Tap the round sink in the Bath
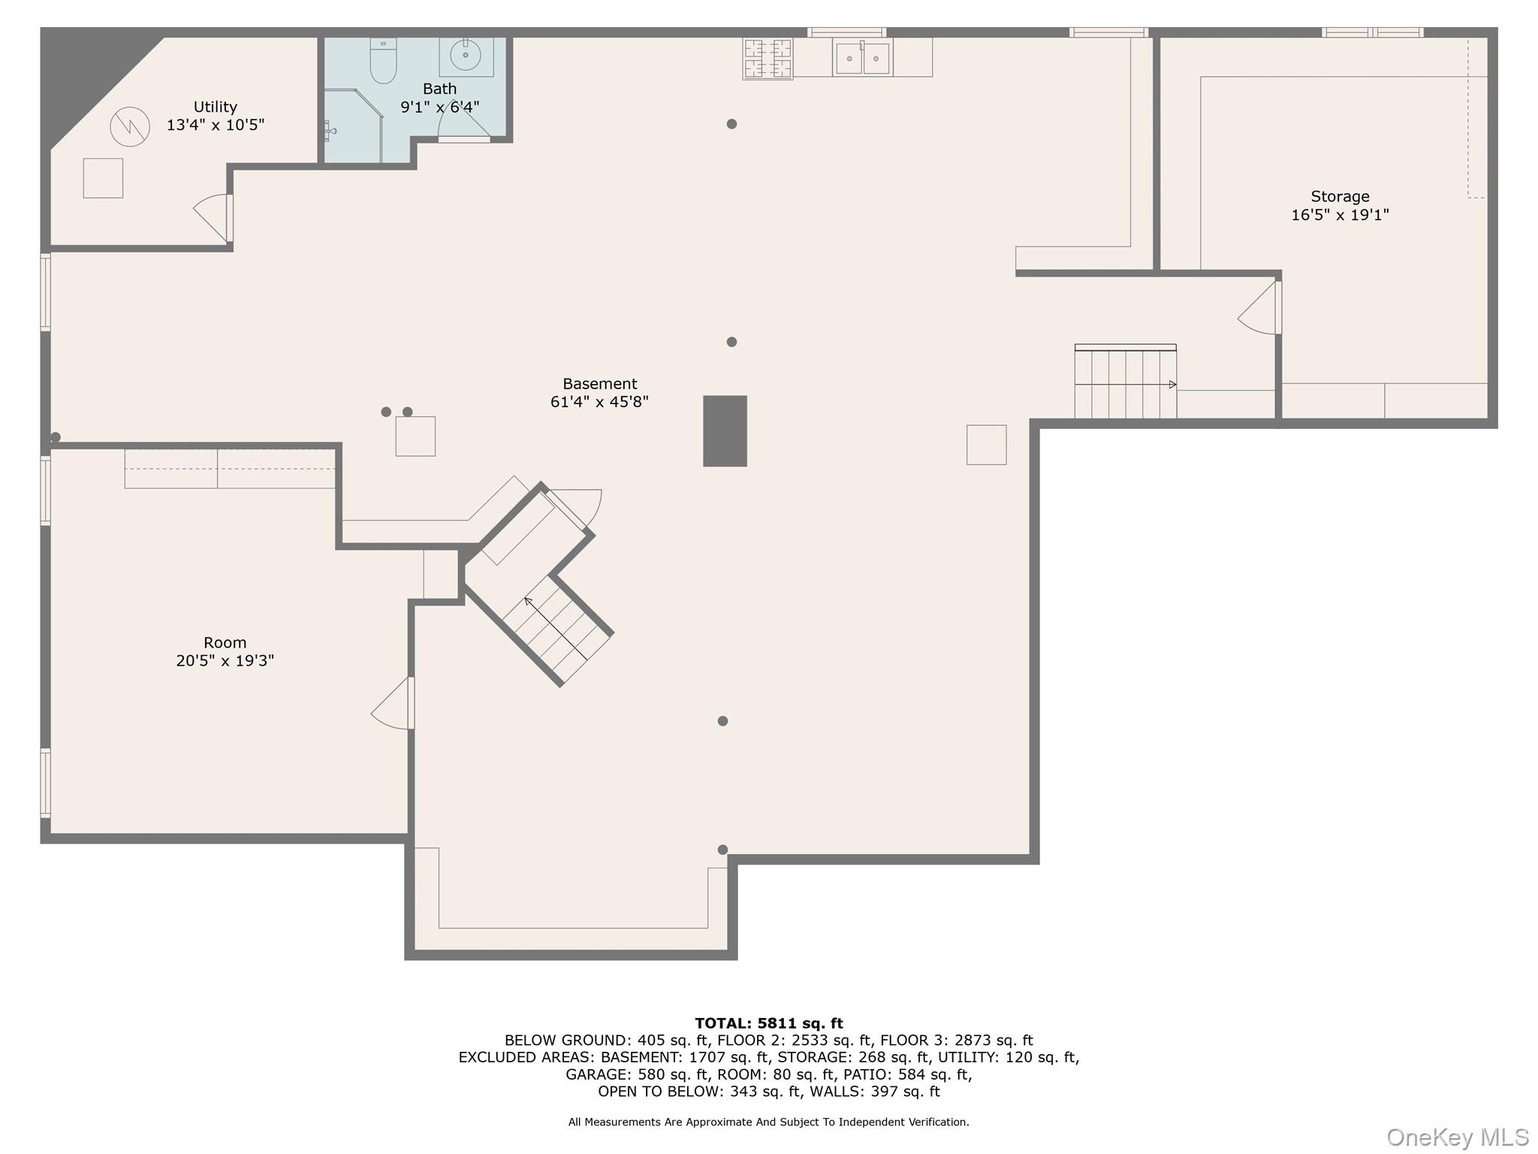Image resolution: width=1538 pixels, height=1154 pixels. click(x=466, y=55)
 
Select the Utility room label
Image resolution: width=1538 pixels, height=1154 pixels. click(x=215, y=107)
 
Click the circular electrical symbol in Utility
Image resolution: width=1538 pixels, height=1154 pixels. click(x=130, y=127)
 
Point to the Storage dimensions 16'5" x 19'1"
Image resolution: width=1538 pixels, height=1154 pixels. click(x=1340, y=215)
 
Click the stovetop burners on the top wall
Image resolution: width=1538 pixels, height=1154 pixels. click(x=767, y=59)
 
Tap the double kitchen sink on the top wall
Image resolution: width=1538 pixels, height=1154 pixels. click(x=862, y=58)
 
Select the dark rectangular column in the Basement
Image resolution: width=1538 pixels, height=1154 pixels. click(x=725, y=430)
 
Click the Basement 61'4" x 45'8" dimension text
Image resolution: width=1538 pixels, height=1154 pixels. click(x=599, y=402)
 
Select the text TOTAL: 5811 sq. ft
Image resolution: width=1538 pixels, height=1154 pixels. click(x=768, y=1023)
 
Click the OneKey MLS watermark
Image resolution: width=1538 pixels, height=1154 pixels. click(x=1457, y=1137)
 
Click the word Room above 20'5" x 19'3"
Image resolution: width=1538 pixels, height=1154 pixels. click(x=225, y=642)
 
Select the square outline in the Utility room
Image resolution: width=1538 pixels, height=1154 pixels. click(x=103, y=178)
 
